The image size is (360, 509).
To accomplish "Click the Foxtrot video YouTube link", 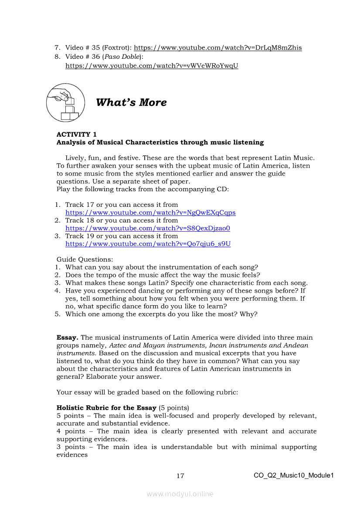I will (217, 48).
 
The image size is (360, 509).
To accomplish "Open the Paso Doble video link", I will (152, 66).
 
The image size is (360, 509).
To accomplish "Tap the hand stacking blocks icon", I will (65, 103).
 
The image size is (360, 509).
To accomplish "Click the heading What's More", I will (131, 103).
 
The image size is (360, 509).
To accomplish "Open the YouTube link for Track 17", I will (150, 212).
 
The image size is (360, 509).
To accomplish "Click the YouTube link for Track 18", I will (148, 228).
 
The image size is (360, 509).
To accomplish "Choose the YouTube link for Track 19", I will (148, 244).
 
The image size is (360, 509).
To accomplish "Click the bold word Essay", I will (68, 337).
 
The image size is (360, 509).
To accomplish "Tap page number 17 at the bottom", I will (180, 476).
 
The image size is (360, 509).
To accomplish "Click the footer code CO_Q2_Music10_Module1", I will (293, 475).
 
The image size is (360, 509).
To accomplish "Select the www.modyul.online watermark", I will (180, 494).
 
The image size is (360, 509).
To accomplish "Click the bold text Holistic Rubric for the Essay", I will (106, 408).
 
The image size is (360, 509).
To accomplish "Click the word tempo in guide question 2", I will (111, 275).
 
